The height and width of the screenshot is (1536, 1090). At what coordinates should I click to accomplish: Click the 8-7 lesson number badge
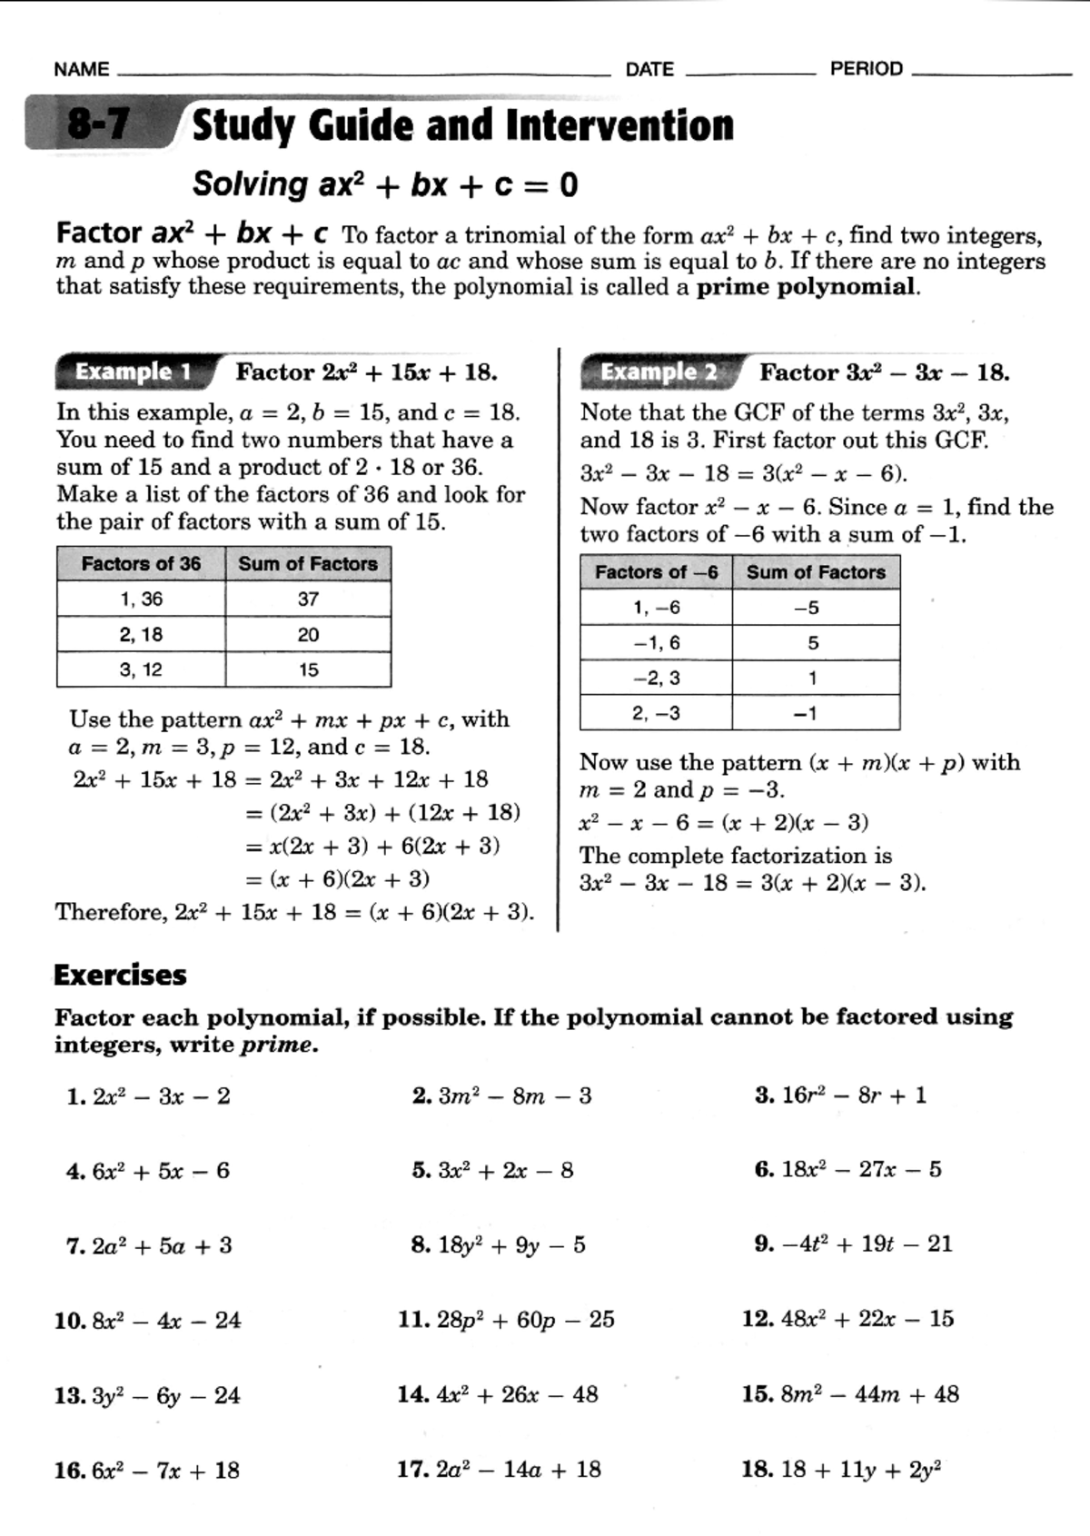coord(98,124)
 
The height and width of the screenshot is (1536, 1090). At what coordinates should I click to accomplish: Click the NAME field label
coord(82,70)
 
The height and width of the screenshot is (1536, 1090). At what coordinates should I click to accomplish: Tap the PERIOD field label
coord(866,69)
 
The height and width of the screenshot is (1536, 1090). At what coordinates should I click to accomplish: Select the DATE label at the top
coord(649,70)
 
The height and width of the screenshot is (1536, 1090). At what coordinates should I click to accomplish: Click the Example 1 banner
coord(134,372)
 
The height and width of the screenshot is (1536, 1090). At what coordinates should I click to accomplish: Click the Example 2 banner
coord(659,372)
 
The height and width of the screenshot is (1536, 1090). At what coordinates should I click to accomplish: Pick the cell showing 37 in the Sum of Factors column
coord(308,600)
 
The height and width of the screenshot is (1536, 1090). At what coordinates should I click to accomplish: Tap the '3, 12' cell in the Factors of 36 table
coord(141,670)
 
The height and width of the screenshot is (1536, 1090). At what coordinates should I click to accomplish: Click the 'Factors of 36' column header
coord(141,564)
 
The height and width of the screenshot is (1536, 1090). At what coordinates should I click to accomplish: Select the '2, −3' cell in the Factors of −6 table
coord(656,714)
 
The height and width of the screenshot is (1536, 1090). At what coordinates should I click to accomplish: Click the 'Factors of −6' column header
coord(656,572)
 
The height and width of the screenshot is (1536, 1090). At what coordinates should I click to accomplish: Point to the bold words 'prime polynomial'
coord(806,288)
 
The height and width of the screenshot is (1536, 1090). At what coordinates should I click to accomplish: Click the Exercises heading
coord(120,976)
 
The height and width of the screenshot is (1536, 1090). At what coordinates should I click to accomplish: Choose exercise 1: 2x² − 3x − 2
coord(150,1096)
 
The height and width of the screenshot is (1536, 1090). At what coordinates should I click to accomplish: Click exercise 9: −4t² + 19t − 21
coord(854,1244)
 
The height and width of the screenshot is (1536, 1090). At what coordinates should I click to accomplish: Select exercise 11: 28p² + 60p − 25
coord(507,1320)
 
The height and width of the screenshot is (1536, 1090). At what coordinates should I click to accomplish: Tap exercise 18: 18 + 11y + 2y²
coord(842,1470)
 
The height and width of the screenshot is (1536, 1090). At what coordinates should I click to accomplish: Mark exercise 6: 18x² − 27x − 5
coord(848,1170)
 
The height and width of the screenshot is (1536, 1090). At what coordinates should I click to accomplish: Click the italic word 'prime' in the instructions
coord(277,1045)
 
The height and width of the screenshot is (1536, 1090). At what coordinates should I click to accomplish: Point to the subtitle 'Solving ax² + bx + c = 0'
coord(385,185)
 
